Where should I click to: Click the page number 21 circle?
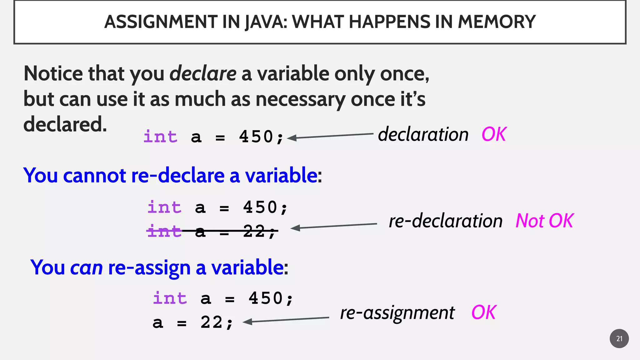tap(619, 338)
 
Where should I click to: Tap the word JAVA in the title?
tap(265, 22)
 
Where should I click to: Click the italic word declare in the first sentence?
tap(203, 74)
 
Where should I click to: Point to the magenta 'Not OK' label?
tap(544, 221)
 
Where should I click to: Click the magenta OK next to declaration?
tap(494, 134)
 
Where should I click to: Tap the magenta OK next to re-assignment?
tap(483, 312)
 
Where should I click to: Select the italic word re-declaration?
tap(445, 221)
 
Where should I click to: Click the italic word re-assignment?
tap(397, 313)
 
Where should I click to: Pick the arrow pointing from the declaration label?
tap(330, 136)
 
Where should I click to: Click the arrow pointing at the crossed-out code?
tap(334, 226)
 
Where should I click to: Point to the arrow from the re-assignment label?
tap(286, 320)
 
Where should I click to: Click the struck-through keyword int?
tap(164, 231)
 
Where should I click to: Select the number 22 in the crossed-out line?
tap(254, 231)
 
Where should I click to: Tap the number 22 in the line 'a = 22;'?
tap(211, 322)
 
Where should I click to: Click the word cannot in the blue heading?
tap(94, 175)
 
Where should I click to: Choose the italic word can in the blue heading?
tap(86, 268)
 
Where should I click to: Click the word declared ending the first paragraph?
tap(65, 124)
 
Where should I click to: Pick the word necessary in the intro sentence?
tap(300, 99)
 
